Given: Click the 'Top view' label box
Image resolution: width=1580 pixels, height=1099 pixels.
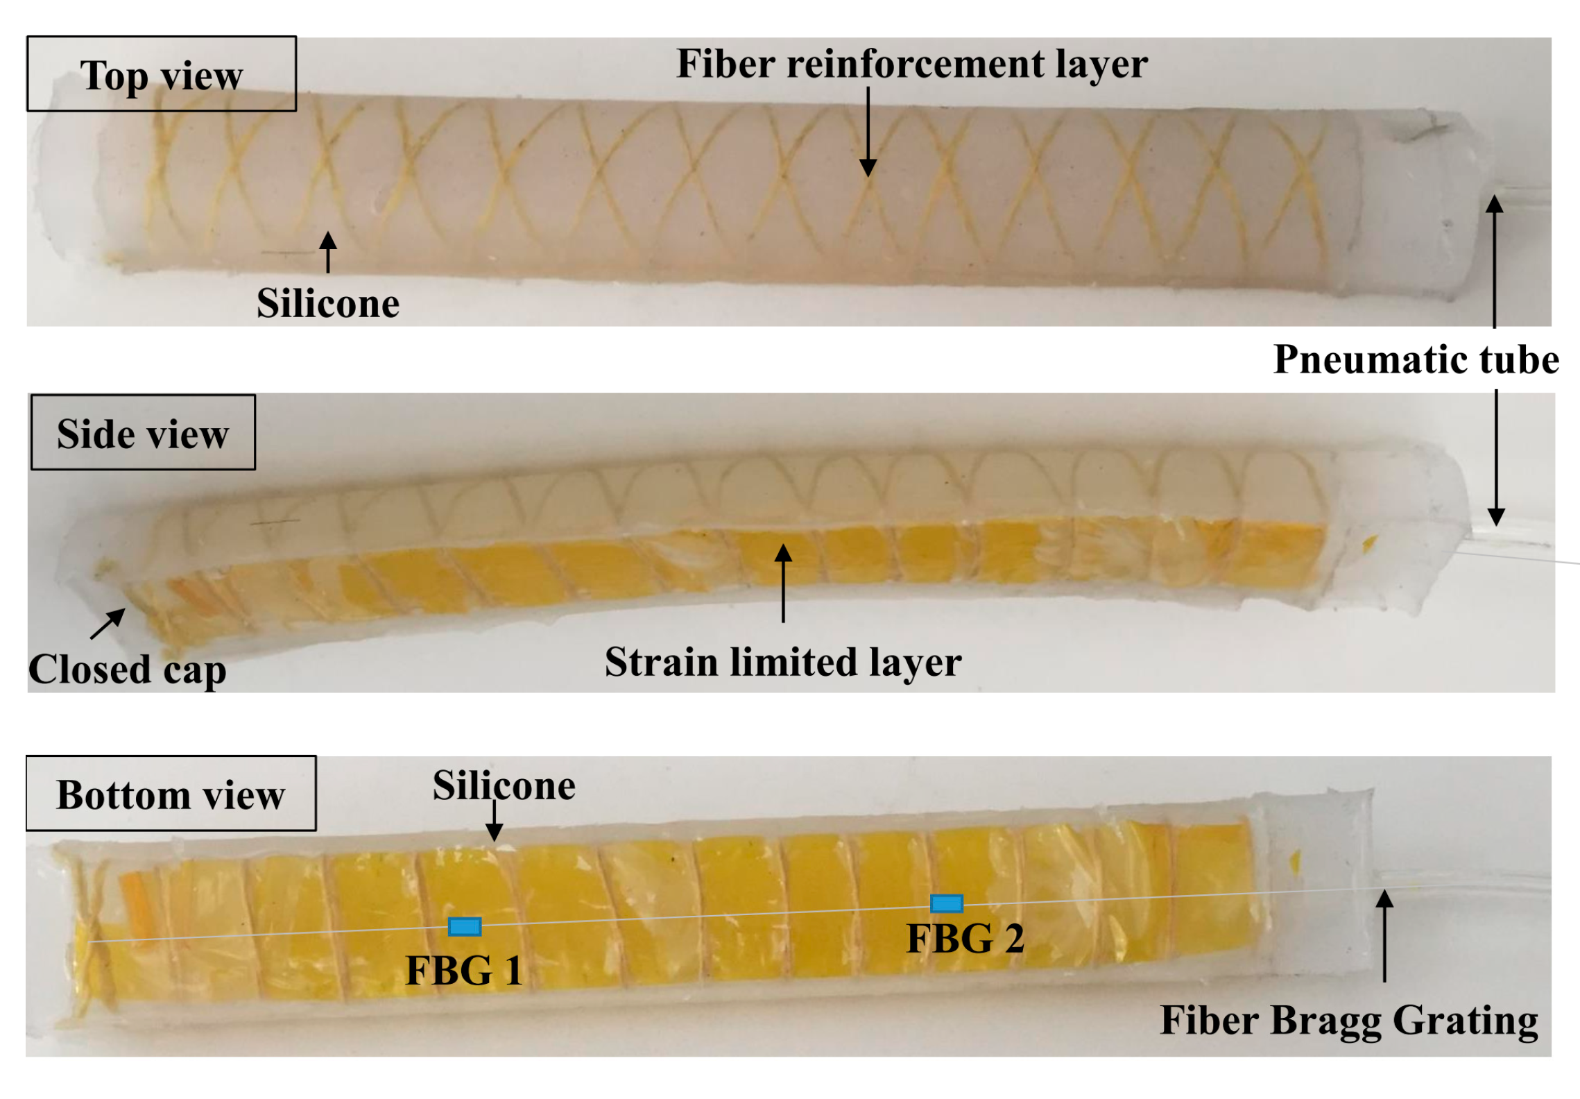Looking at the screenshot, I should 161,74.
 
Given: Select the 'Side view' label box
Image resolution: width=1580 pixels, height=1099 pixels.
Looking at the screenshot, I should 143,433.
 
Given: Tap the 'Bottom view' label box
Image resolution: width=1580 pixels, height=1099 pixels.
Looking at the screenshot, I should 171,793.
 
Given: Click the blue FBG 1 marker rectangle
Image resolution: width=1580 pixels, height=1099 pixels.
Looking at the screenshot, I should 464,926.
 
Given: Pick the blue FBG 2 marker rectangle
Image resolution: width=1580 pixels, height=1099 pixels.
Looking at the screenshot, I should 946,903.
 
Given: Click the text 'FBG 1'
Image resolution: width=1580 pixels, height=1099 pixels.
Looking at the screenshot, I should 464,970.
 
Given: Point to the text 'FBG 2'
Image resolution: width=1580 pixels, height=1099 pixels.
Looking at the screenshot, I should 965,939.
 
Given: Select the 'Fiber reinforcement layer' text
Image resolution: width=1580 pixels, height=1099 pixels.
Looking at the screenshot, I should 911,64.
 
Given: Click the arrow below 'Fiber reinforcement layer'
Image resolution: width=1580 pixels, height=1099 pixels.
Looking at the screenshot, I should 868,132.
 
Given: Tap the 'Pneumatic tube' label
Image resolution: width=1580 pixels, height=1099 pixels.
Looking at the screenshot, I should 1416,359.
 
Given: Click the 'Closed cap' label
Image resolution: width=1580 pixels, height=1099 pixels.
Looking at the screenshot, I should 128,670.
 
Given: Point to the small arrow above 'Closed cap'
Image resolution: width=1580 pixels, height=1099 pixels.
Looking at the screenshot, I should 108,623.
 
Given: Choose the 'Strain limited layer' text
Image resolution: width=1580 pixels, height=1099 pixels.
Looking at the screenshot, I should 783,662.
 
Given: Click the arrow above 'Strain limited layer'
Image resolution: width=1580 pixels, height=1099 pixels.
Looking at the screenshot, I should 783,583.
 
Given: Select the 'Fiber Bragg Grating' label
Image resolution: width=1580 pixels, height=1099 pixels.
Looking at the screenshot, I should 1349,1021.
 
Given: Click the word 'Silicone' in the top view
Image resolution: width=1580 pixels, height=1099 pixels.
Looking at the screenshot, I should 328,303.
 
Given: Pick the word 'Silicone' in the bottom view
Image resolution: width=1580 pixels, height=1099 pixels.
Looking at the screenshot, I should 504,785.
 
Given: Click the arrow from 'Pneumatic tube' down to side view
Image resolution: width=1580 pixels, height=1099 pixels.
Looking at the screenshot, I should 1496,458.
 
